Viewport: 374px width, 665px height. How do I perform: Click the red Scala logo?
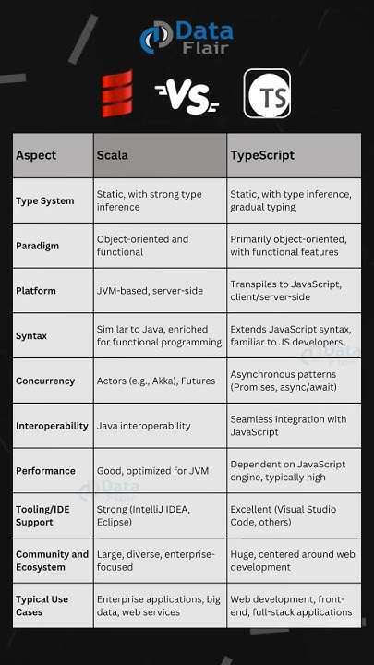tap(116, 93)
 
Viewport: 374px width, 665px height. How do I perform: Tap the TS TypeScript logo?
tap(267, 94)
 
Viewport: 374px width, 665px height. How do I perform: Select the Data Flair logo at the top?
tap(187, 36)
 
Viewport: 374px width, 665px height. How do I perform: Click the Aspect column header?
tap(37, 155)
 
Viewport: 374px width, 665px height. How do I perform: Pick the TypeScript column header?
tap(262, 155)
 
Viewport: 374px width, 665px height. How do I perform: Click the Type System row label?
tap(44, 200)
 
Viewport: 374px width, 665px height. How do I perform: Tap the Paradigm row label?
tap(38, 246)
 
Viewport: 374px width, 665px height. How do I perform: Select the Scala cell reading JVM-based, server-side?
tap(146, 290)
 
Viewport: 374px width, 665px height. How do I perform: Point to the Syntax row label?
tap(31, 335)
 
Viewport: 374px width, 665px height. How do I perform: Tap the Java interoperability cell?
tap(143, 426)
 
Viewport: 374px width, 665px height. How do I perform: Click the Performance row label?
tap(45, 470)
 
